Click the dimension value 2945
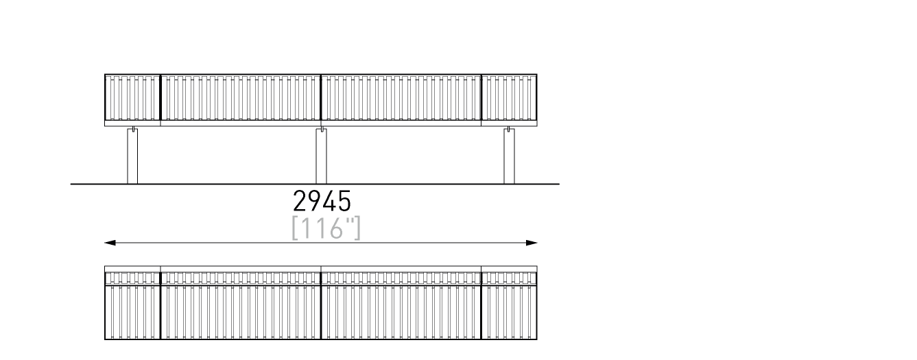pos(322,201)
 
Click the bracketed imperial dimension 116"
pos(326,228)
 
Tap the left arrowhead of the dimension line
pos(110,243)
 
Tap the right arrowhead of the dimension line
pos(532,243)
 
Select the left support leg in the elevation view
pos(132,156)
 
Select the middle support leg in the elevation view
pos(322,156)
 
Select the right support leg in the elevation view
pos(510,156)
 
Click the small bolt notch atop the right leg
pos(508,130)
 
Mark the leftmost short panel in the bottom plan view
pos(132,302)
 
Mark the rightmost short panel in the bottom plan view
pos(510,302)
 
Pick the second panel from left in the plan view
pos(241,302)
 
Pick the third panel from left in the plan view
pos(401,302)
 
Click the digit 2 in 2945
pos(300,201)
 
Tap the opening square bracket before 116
pos(294,228)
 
